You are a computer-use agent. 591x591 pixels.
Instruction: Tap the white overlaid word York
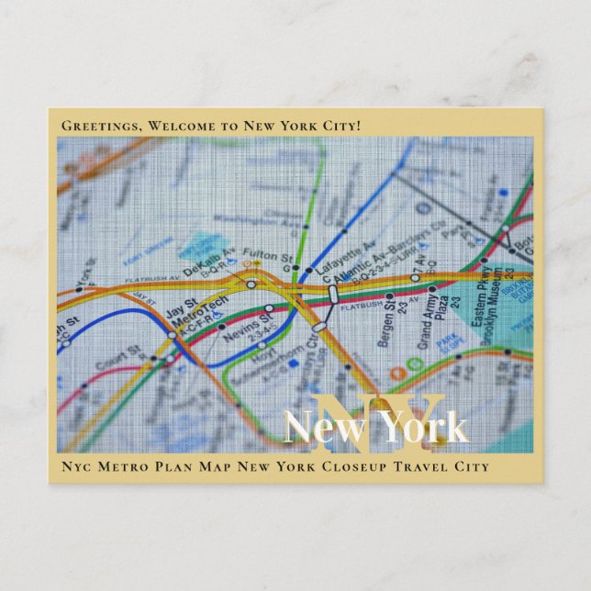tap(423, 428)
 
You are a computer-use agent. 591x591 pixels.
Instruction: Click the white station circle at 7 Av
tap(415, 276)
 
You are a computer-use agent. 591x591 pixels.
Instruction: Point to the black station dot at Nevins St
tap(221, 326)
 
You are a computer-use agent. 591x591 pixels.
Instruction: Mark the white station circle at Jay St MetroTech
tap(172, 335)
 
